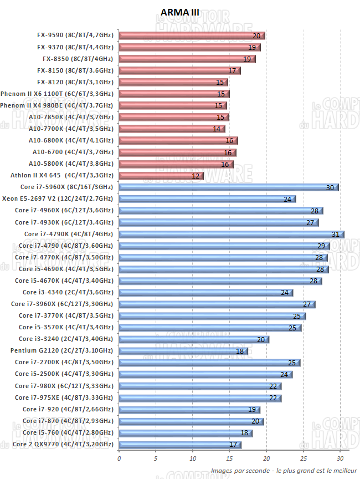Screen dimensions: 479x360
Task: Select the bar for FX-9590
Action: (191, 35)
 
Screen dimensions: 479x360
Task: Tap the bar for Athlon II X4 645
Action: (161, 176)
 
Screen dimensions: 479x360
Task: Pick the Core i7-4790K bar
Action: (231, 234)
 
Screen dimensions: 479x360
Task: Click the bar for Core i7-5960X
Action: (228, 187)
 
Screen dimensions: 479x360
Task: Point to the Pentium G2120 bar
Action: (184, 351)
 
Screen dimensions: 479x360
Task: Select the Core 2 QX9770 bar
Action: (179, 444)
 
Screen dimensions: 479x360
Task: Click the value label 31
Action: (335, 235)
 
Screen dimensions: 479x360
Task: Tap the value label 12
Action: (196, 176)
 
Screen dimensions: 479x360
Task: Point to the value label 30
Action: (330, 188)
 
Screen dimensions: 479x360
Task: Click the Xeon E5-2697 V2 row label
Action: (58, 198)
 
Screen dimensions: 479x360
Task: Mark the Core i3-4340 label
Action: (68, 292)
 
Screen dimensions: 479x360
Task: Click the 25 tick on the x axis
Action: (303, 458)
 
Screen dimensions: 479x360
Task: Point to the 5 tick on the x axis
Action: (156, 458)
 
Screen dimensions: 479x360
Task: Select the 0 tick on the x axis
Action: (119, 458)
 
